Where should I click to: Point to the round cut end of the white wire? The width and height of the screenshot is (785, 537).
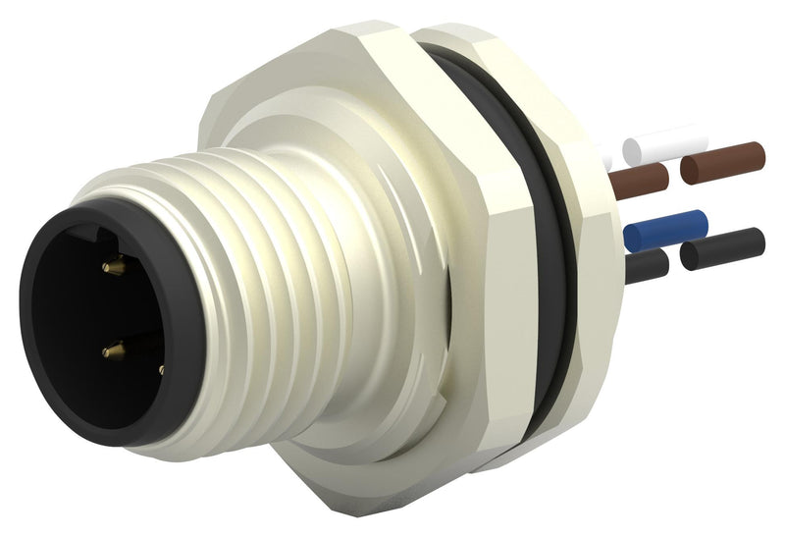coord(632,150)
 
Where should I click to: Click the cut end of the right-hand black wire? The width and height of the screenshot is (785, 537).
coord(690,257)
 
